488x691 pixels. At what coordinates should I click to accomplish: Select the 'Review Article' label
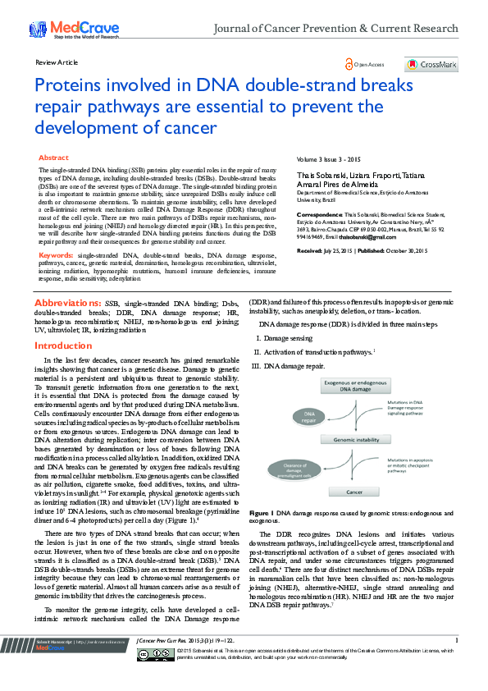pos(57,62)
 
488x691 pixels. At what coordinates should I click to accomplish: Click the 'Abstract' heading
pos(54,157)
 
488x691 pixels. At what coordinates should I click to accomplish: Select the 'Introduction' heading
pos(62,346)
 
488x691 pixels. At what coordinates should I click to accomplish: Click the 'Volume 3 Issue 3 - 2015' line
pos(329,158)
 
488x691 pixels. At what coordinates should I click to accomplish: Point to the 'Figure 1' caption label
pos(262,511)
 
